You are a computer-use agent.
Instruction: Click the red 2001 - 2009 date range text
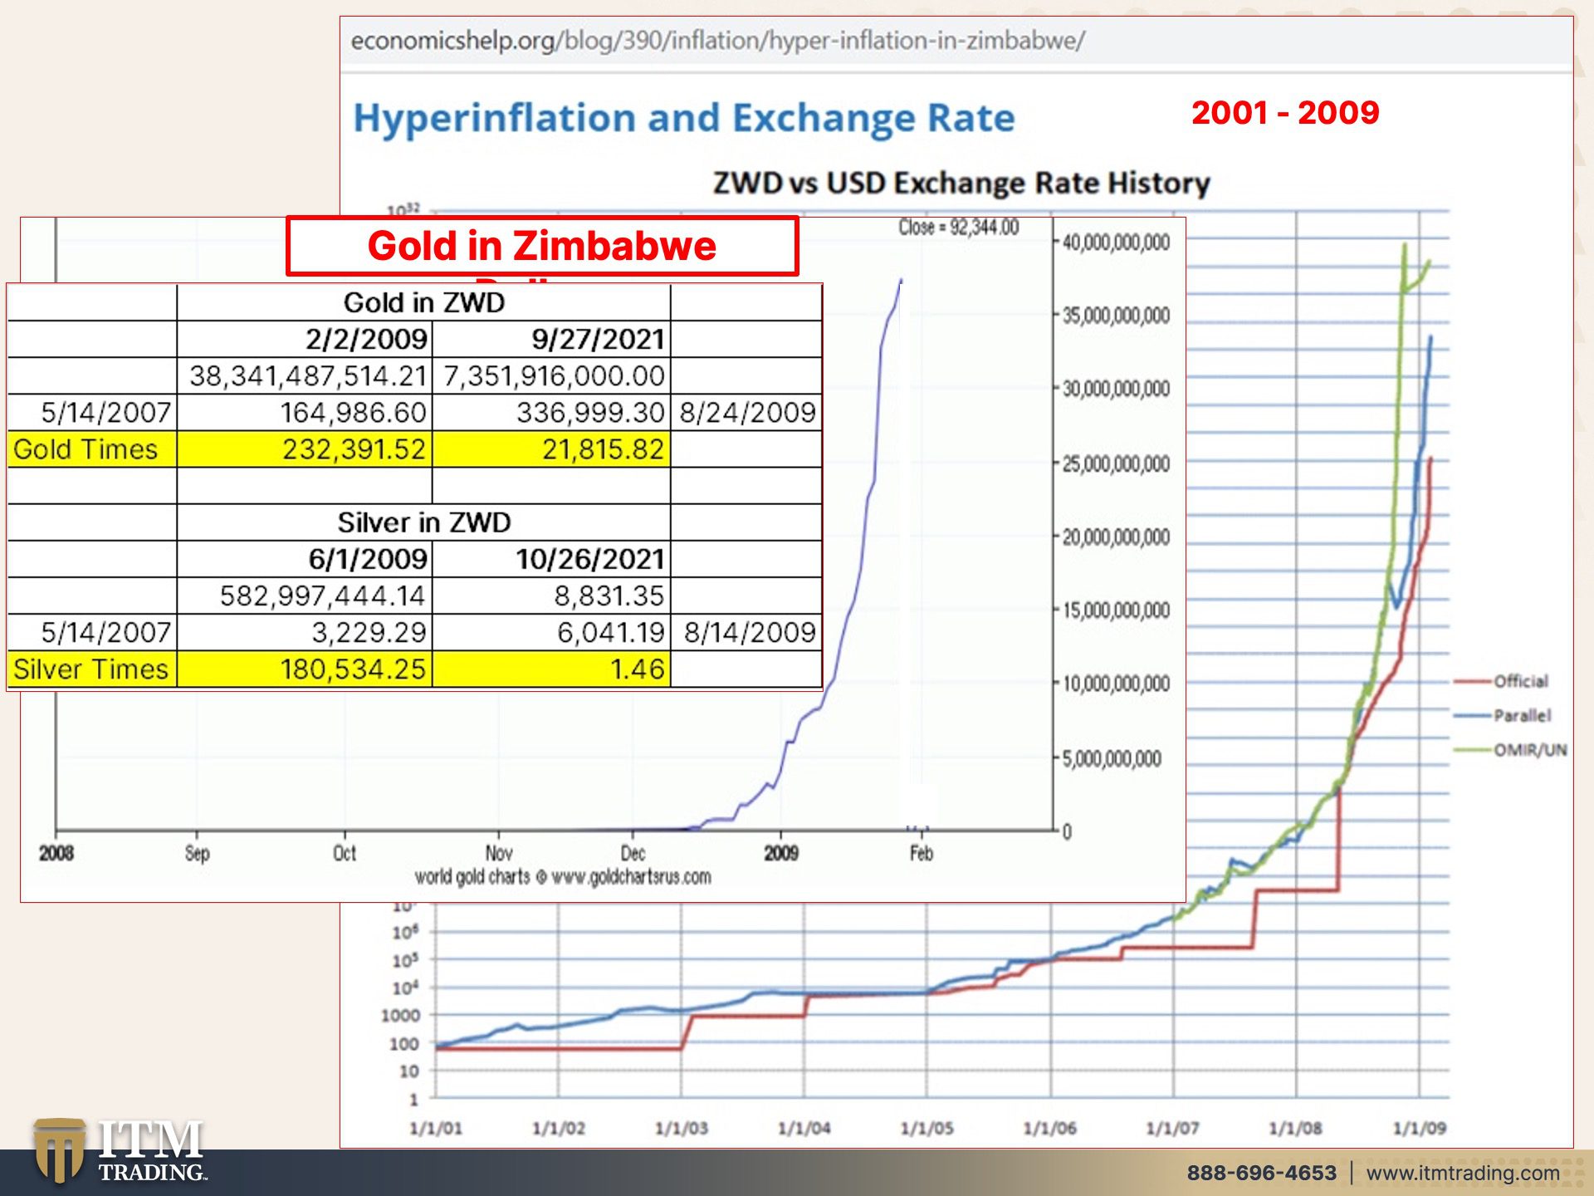(x=1284, y=113)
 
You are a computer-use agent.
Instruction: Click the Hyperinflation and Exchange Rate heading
(x=683, y=118)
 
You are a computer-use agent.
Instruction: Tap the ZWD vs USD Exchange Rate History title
(x=961, y=183)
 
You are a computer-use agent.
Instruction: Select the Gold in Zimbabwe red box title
(x=541, y=246)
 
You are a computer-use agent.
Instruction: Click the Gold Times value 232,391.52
(x=354, y=449)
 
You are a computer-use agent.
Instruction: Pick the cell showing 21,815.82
(x=603, y=449)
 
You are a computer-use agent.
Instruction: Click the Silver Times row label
(x=90, y=669)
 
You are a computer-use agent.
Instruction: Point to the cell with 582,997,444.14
(x=322, y=596)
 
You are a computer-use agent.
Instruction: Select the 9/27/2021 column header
(x=598, y=339)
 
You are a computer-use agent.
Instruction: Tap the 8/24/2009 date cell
(x=747, y=413)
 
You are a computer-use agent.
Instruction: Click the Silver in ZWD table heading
(x=423, y=522)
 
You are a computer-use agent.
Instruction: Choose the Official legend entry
(x=1520, y=681)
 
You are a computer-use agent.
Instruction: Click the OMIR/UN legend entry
(x=1529, y=750)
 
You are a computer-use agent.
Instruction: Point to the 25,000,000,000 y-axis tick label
(x=1116, y=463)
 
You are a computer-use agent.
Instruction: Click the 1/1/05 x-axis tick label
(x=927, y=1128)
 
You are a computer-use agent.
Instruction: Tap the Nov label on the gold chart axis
(x=499, y=853)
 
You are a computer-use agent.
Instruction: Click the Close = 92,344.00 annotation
(x=958, y=228)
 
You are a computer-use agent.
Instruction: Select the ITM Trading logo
(x=120, y=1151)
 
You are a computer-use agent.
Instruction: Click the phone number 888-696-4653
(x=1261, y=1173)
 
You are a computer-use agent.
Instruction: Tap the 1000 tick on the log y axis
(x=400, y=1015)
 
